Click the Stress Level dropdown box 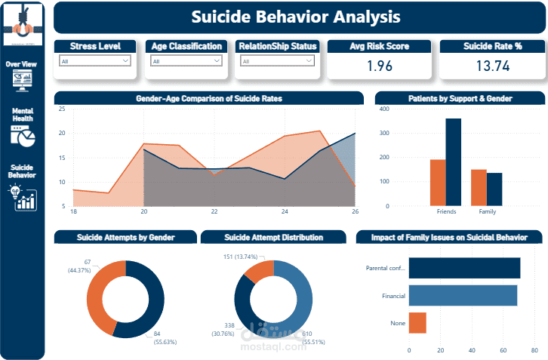[95, 61]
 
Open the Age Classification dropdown [186, 61]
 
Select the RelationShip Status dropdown [276, 61]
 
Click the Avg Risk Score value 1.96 [379, 66]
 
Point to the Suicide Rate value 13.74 [493, 66]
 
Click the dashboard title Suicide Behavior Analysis [295, 17]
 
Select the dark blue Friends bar [453, 162]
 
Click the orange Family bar [479, 187]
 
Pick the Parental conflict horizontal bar [464, 268]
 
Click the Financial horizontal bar [463, 295]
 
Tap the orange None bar [417, 322]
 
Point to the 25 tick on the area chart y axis [62, 109]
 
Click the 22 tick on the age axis [214, 212]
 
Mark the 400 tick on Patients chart [384, 109]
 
